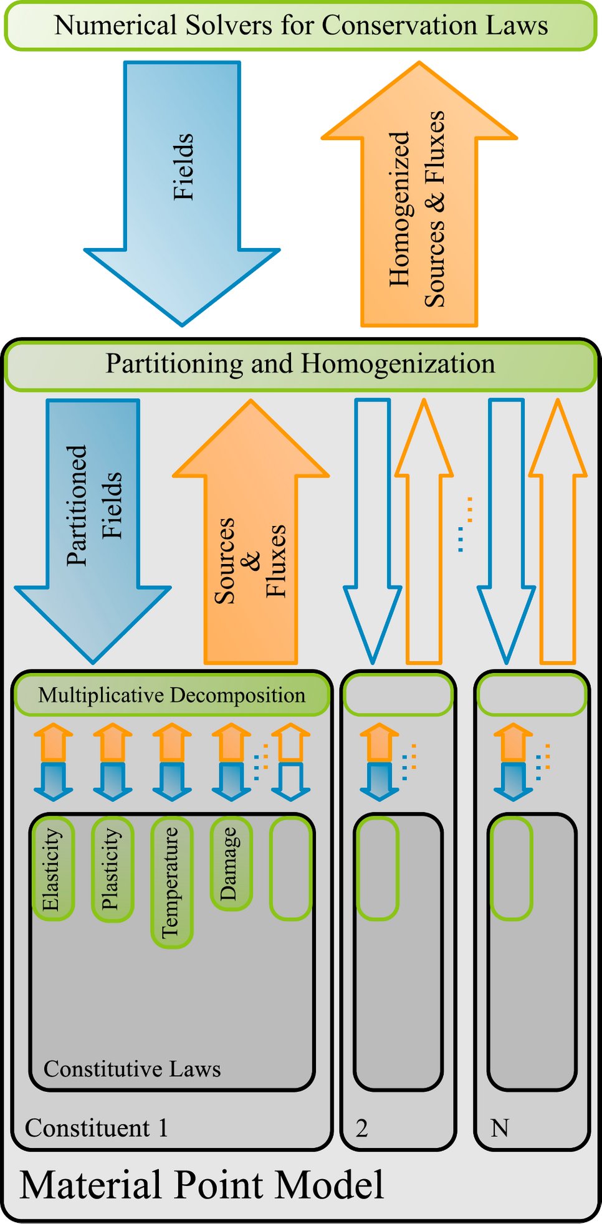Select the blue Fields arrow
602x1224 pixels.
point(182,187)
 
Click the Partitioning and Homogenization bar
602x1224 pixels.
point(300,365)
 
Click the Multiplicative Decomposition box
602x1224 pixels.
point(171,694)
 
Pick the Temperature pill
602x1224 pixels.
point(171,882)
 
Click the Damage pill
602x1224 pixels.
point(231,863)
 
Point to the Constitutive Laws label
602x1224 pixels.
point(132,1069)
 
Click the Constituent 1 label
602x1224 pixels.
point(97,1128)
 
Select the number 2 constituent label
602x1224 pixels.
point(361,1128)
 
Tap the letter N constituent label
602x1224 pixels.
point(500,1128)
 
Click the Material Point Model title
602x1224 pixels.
point(202,1184)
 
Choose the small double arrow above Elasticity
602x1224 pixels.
point(53,762)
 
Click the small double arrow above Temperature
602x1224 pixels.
point(172,762)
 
